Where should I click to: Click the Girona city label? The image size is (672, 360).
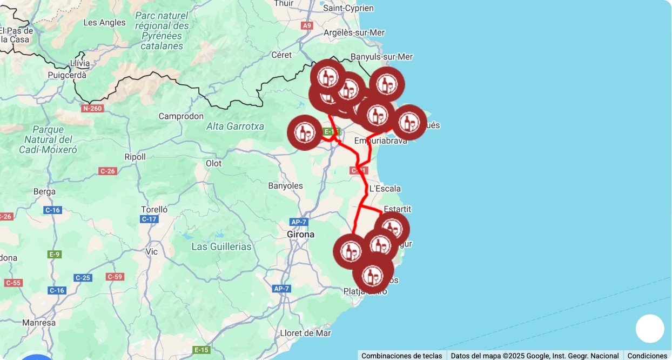click(x=300, y=235)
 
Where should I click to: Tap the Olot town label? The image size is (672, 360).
click(x=213, y=163)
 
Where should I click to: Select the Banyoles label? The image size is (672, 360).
click(x=285, y=186)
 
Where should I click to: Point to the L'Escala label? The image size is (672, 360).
click(x=385, y=189)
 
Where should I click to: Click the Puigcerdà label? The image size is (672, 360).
click(x=67, y=75)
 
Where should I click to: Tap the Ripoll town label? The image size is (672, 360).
click(x=135, y=157)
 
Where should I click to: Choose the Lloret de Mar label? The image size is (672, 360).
click(x=305, y=333)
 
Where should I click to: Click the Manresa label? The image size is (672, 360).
click(x=39, y=323)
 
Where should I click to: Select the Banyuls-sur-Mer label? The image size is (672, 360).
click(x=381, y=57)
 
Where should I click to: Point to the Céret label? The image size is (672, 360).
click(x=281, y=55)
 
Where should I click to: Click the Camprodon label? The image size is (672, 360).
click(x=181, y=116)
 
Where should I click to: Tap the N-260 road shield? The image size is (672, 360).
click(x=92, y=109)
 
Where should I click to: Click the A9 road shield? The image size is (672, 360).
click(x=307, y=25)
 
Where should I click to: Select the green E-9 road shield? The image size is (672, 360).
click(x=54, y=254)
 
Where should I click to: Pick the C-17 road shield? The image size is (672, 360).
click(x=149, y=219)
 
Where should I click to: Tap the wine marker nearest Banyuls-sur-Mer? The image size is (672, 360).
click(x=387, y=84)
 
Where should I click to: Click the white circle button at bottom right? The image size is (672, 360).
click(x=649, y=329)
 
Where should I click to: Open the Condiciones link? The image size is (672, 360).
click(x=647, y=356)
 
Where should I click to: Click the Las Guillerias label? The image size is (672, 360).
click(x=221, y=246)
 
